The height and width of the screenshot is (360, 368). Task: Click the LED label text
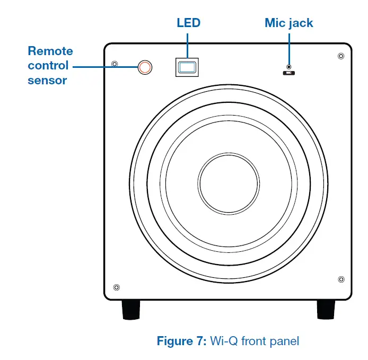point(188,23)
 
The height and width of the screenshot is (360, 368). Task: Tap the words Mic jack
point(288,23)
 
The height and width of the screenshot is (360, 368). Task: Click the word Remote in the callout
point(50,51)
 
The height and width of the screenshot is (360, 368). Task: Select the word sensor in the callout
point(48,81)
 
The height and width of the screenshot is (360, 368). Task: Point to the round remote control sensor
point(145,66)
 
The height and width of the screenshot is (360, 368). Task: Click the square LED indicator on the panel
point(187,67)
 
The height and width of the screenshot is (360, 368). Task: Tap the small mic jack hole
point(289,67)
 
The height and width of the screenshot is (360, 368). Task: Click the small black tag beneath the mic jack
point(289,73)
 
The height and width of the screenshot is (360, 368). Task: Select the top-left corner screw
point(115,65)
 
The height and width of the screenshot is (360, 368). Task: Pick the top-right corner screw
point(340,56)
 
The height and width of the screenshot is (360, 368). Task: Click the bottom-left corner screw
point(116,287)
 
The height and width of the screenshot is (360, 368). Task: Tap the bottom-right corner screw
point(340,278)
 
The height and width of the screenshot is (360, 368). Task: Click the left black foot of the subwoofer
point(131,310)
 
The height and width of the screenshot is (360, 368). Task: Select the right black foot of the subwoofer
point(326,310)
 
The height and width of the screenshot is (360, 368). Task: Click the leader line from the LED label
point(188,45)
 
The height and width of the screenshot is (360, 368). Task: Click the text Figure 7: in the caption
point(182,341)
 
